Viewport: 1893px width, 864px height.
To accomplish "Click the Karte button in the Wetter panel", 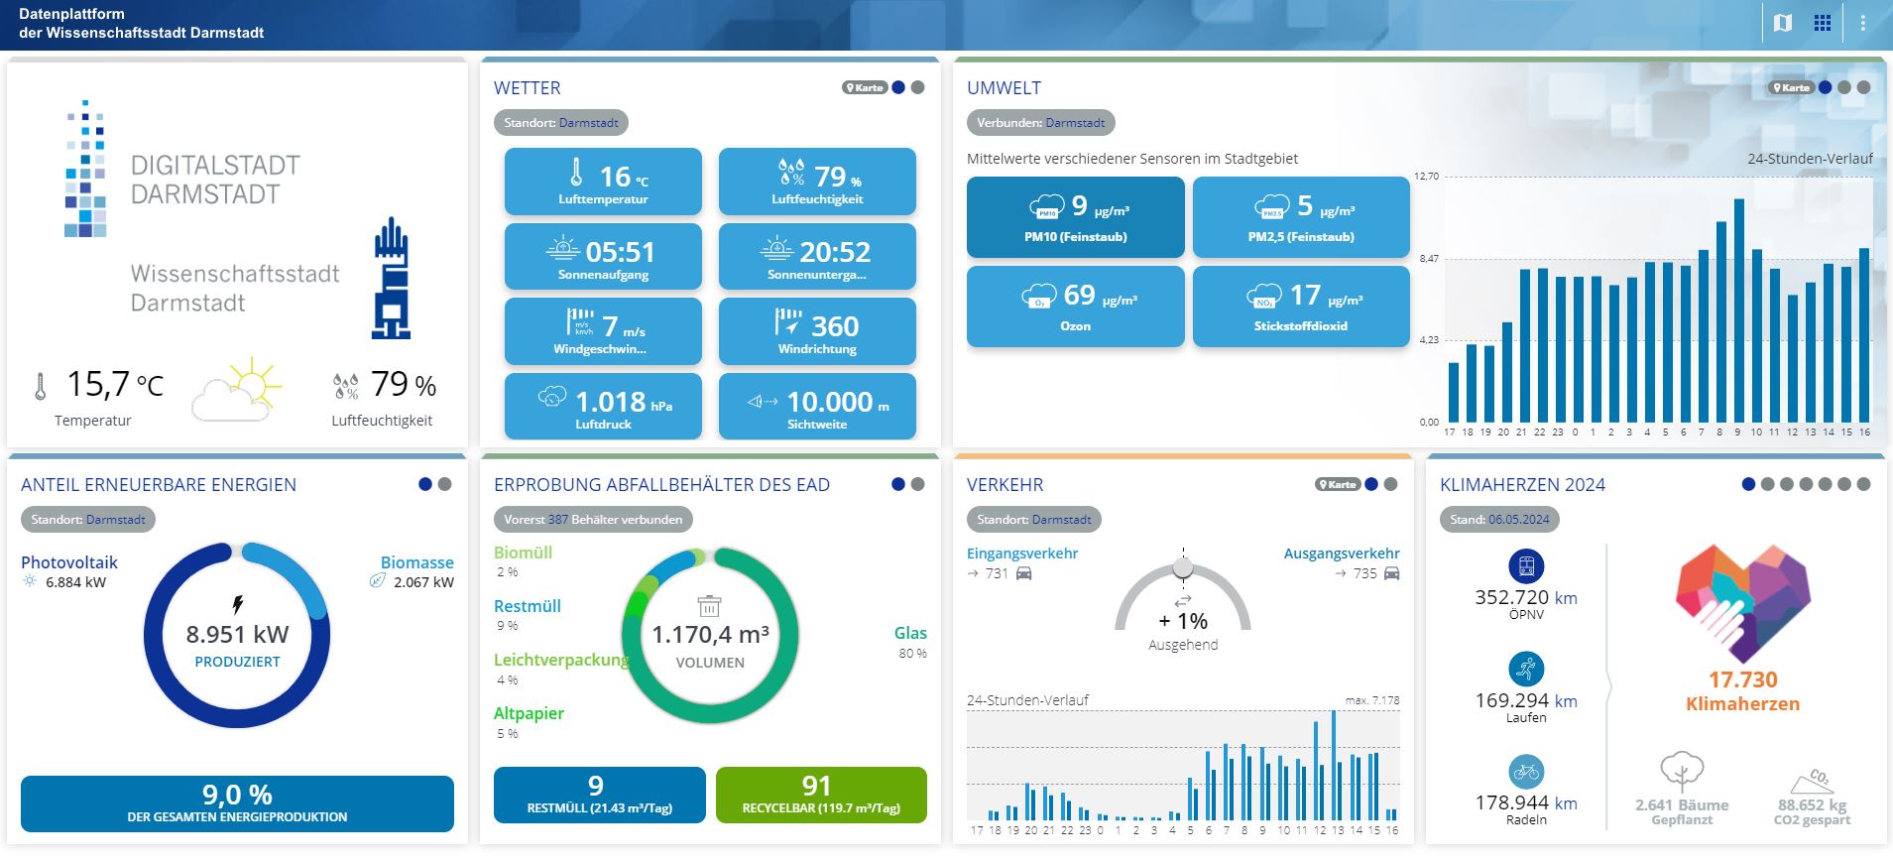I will tap(864, 87).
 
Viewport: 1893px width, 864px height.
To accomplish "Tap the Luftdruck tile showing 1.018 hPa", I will tap(603, 406).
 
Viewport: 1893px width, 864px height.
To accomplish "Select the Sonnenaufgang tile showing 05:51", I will tap(603, 256).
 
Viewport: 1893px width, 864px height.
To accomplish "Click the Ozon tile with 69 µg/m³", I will tap(1075, 306).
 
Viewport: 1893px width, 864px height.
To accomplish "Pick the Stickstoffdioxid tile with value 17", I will tap(1300, 306).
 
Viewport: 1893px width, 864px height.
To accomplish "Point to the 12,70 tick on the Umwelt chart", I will tap(1426, 177).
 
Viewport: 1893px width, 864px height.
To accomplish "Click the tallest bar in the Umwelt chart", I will tap(1739, 310).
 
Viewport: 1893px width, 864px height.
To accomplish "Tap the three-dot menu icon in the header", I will tap(1862, 23).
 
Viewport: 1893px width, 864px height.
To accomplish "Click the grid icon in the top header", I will tap(1823, 23).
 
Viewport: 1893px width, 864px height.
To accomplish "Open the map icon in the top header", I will tap(1783, 23).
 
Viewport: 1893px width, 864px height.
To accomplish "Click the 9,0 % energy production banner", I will tap(237, 802).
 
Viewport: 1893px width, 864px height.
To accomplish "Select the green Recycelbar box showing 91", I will tap(821, 795).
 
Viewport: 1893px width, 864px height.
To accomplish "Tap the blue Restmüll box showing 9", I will tap(599, 795).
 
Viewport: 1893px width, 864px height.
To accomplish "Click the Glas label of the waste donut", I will tap(910, 633).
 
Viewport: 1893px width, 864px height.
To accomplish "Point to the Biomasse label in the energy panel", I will tap(416, 562).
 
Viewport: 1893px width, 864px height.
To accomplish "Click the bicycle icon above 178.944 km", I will tap(1526, 771).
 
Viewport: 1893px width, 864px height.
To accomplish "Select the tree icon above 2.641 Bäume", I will tap(1681, 771).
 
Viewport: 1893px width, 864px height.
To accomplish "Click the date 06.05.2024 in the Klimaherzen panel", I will tap(1518, 519).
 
